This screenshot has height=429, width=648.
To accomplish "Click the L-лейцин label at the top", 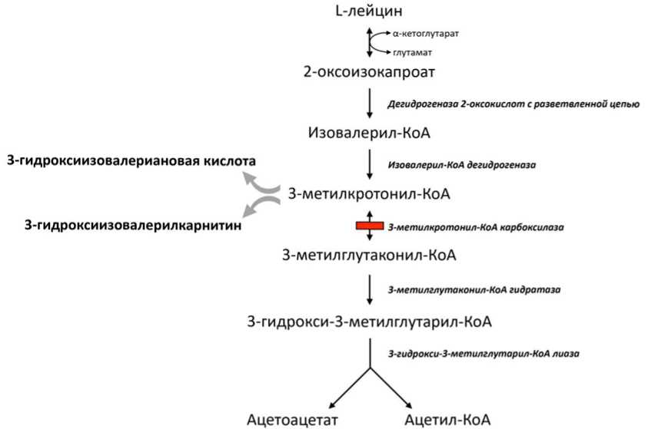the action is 369,11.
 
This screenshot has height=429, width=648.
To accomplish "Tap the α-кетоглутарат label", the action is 426,34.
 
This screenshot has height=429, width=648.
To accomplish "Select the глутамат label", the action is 413,52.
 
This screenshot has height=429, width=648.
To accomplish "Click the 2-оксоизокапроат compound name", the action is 369,72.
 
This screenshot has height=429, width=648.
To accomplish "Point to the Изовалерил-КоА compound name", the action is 369,133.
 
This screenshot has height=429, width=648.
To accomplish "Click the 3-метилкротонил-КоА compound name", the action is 369,194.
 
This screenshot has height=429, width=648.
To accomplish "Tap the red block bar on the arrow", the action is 370,226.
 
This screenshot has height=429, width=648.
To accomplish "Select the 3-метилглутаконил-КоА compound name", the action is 369,255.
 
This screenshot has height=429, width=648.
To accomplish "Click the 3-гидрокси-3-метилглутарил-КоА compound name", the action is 369,322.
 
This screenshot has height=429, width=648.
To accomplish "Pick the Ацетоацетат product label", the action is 292,420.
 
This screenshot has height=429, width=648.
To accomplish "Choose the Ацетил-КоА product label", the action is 447,420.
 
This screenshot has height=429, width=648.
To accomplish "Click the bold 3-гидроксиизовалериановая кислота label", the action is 131,161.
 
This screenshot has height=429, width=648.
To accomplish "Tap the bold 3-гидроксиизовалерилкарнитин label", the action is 133,225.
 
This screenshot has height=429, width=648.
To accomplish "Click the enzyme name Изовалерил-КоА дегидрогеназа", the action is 462,165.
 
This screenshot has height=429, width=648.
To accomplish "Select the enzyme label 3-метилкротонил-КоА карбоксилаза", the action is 476,227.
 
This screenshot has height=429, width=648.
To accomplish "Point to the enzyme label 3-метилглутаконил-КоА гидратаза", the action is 474,289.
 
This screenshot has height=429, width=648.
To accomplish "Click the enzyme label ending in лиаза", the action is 484,354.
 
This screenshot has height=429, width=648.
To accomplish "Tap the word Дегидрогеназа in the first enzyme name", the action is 423,104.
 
